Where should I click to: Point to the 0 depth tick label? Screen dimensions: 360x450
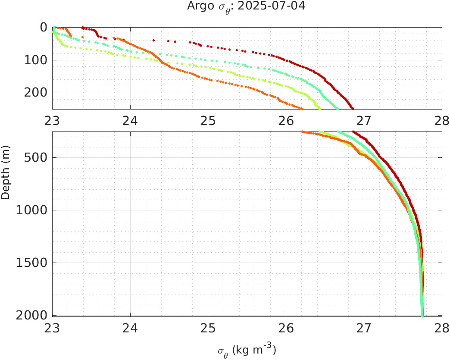click(x=44, y=27)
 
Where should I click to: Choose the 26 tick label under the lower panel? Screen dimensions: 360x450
click(x=286, y=328)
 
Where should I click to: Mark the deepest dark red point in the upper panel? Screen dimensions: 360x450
click(x=353, y=109)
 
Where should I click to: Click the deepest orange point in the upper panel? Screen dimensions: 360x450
click(x=302, y=109)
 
